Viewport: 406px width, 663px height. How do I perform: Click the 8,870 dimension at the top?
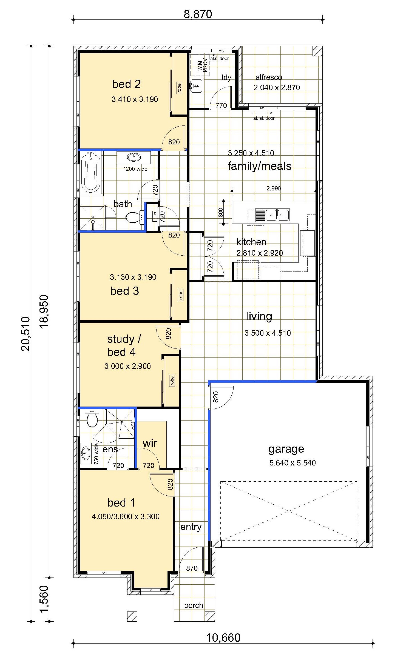click(x=198, y=14)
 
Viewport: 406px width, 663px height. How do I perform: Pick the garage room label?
click(x=286, y=449)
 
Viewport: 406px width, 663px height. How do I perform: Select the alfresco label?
click(x=269, y=77)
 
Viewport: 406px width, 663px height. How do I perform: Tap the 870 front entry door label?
click(x=192, y=568)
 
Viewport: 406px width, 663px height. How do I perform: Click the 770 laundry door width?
click(x=221, y=105)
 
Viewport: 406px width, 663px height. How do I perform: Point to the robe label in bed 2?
click(x=179, y=88)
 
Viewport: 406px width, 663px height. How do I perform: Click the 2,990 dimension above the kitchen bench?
click(x=274, y=188)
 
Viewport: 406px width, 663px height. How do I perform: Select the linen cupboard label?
click(x=155, y=216)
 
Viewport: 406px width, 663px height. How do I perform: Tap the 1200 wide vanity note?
click(x=135, y=169)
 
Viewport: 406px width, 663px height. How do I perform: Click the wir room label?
click(x=150, y=443)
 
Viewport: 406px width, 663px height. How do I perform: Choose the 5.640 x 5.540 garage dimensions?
click(x=293, y=463)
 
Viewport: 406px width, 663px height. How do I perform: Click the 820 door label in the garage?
click(x=216, y=397)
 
